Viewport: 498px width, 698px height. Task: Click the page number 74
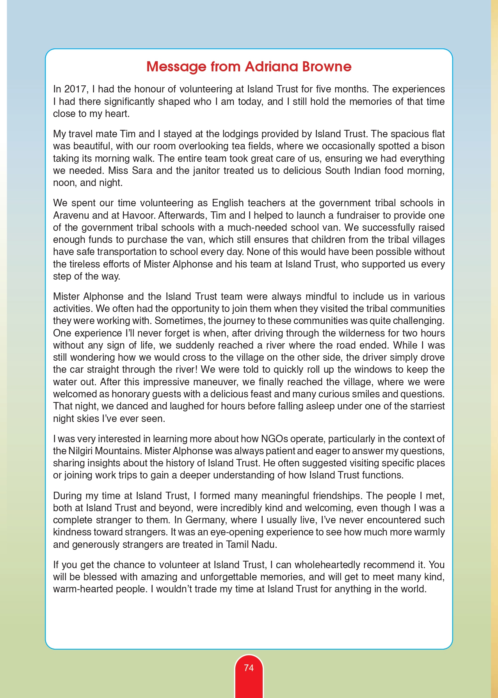tap(249, 668)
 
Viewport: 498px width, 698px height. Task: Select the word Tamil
tap(238, 545)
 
